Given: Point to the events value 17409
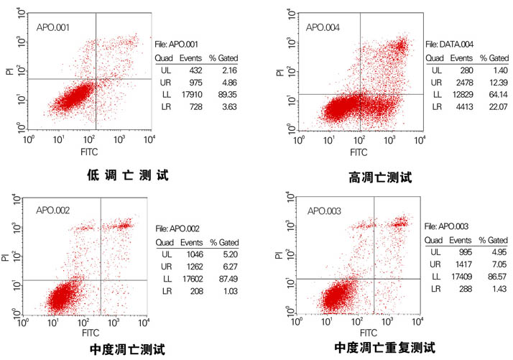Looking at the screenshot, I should [x=459, y=275].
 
